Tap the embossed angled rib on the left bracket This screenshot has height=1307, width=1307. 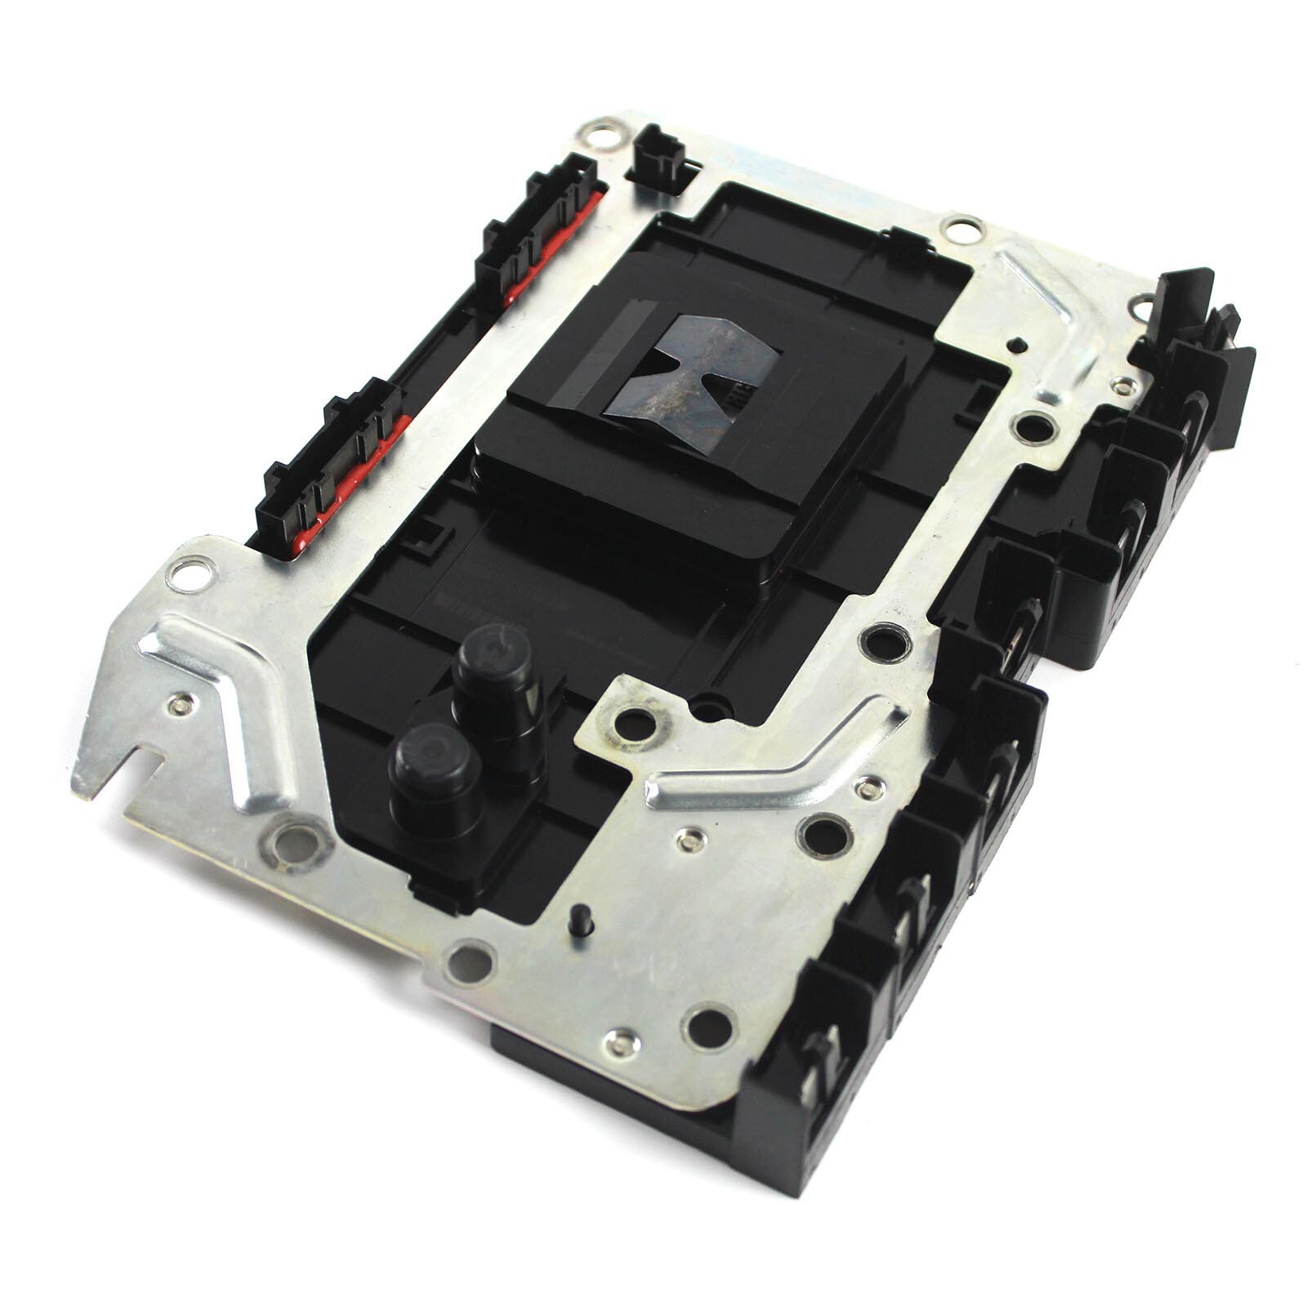221,694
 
